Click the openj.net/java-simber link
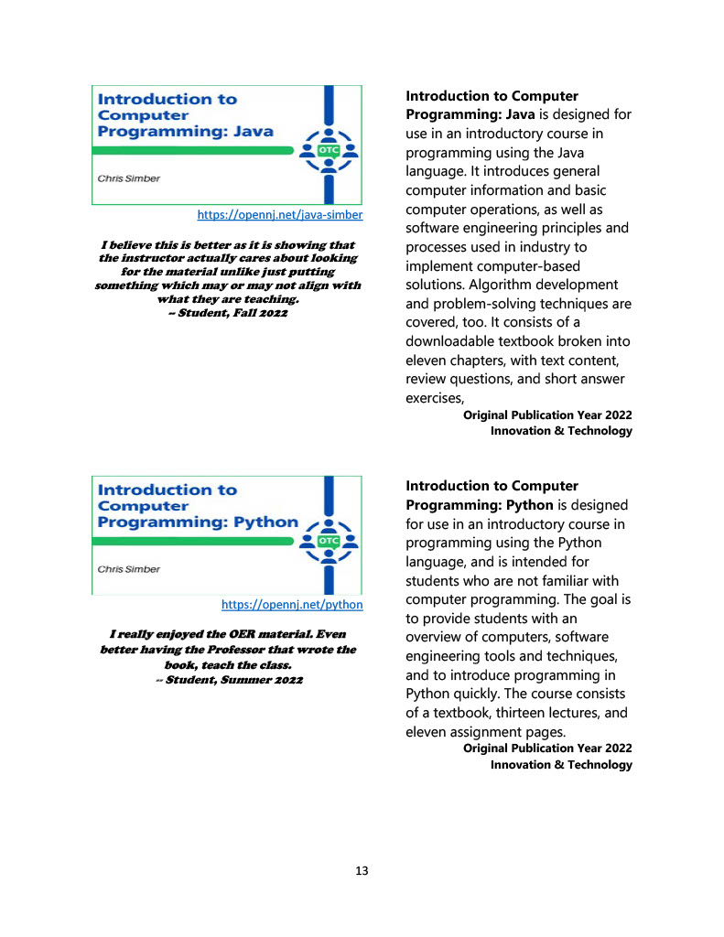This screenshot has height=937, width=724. (280, 215)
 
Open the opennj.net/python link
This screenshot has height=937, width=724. (292, 605)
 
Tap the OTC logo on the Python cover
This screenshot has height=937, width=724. (328, 541)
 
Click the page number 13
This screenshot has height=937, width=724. (362, 871)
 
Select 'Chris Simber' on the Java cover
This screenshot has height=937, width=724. (128, 178)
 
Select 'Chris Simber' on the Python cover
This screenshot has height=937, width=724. (128, 569)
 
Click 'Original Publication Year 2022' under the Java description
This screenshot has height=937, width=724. (547, 415)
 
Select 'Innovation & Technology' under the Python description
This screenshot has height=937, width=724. (561, 764)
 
